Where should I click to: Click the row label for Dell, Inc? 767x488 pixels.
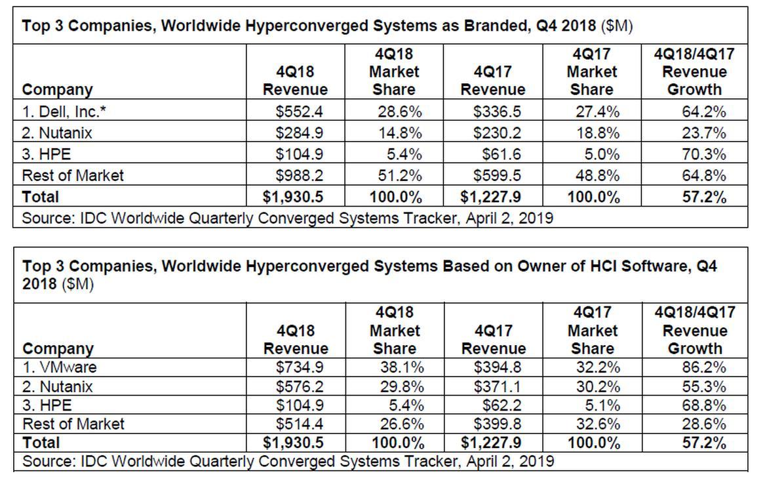point(64,112)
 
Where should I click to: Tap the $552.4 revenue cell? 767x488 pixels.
point(300,112)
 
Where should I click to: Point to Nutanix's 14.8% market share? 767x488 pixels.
point(400,133)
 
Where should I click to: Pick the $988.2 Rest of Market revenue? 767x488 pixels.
point(300,175)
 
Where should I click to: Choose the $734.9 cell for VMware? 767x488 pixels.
point(300,367)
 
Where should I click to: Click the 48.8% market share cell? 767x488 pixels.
point(597,175)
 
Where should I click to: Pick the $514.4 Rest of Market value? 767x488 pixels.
point(300,424)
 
